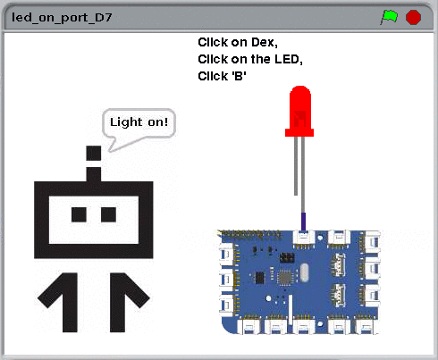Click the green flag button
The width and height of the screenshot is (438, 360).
[x=389, y=17]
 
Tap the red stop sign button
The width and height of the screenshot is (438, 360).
[x=413, y=17]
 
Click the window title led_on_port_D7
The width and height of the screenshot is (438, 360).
[x=62, y=18]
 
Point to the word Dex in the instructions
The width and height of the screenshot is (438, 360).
[x=263, y=42]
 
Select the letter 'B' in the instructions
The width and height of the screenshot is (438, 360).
[x=239, y=76]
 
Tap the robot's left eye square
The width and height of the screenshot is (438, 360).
[x=79, y=214]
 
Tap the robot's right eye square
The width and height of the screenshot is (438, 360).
[x=108, y=214]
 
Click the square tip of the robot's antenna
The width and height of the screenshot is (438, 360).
[x=94, y=153]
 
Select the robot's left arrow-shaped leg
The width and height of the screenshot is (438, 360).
[x=60, y=301]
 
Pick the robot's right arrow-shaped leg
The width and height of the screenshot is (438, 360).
[x=128, y=301]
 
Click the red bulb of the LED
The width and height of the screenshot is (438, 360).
[x=299, y=112]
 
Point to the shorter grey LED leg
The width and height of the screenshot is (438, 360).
[x=296, y=166]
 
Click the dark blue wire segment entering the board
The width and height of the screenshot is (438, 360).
[x=304, y=222]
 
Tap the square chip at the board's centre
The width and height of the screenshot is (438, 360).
[x=284, y=278]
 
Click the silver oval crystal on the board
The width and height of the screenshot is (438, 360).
[x=304, y=272]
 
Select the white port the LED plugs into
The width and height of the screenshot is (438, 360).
[x=304, y=238]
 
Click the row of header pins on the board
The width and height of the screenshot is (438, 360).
[x=250, y=235]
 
